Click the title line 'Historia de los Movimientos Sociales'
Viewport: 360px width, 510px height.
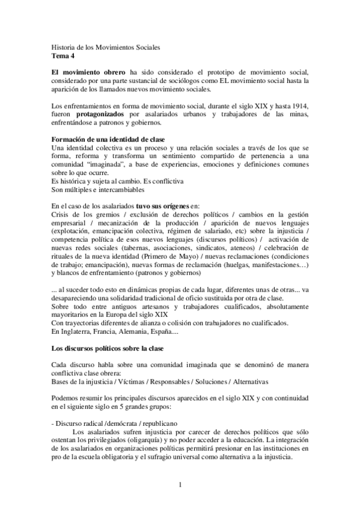tap(105, 47)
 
